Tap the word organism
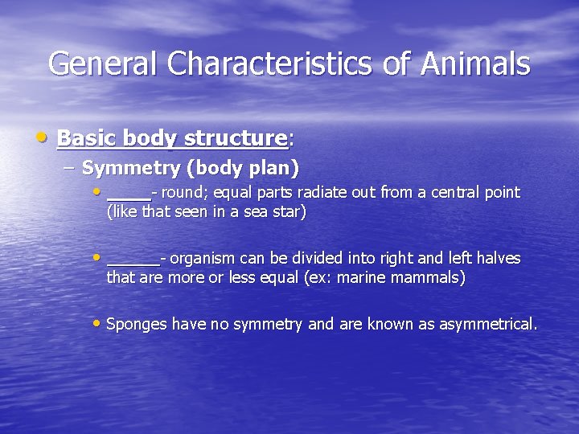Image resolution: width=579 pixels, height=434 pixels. point(201,259)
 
